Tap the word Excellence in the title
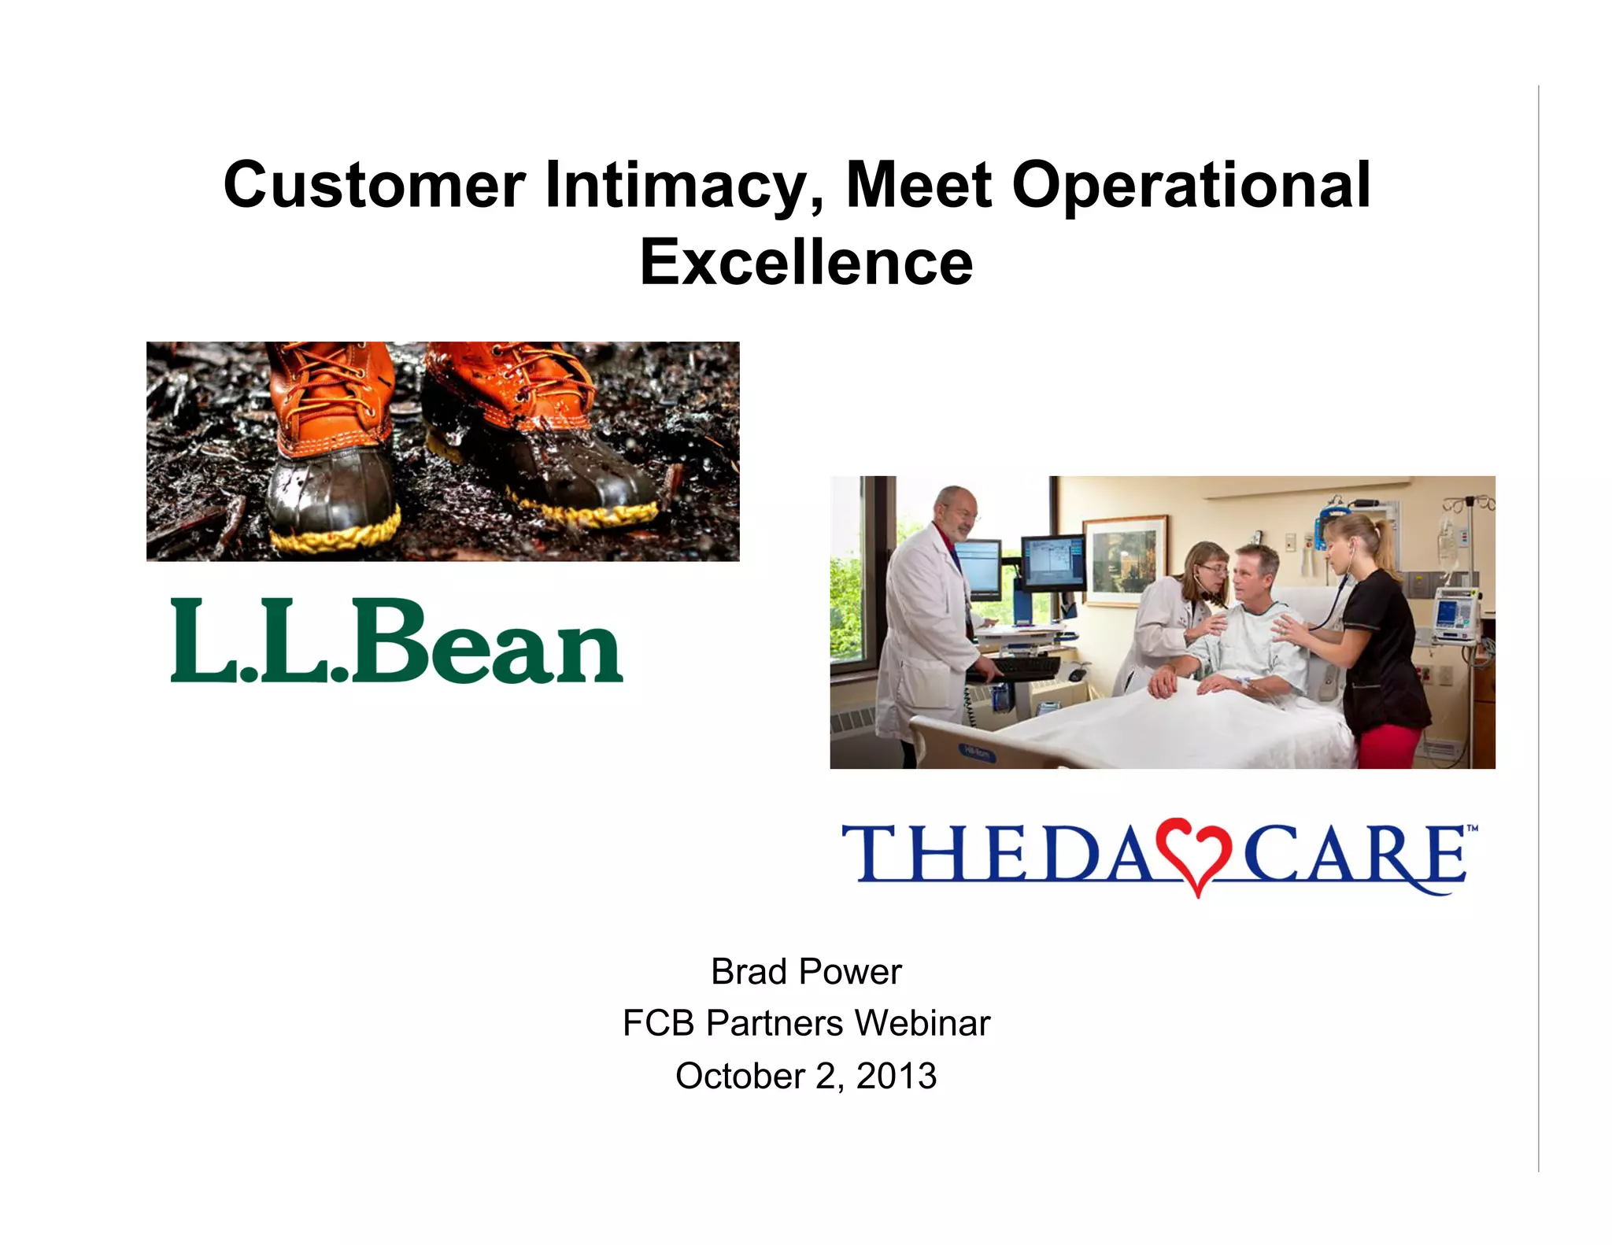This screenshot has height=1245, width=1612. tap(806, 262)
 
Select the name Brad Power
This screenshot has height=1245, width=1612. tap(806, 972)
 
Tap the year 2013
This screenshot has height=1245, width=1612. tap(897, 1076)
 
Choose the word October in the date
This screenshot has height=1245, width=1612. tap(740, 1076)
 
